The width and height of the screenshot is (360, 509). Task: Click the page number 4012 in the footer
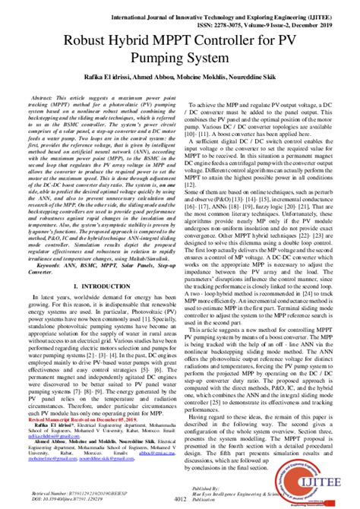point(180,498)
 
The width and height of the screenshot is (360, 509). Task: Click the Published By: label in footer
point(232,485)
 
